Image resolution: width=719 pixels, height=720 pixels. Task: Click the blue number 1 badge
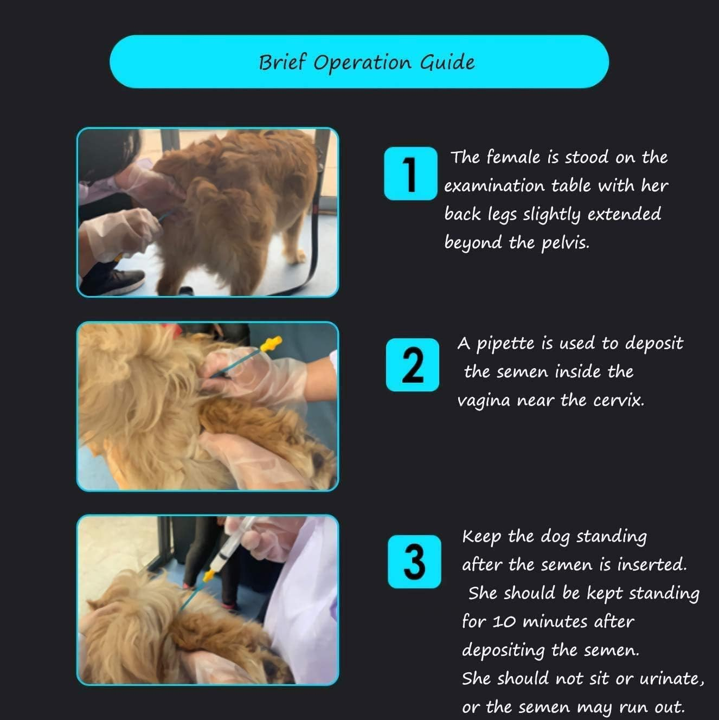click(x=410, y=173)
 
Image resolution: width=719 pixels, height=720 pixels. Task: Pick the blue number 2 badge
click(x=412, y=364)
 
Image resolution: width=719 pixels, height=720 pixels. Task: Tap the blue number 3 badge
click(x=414, y=561)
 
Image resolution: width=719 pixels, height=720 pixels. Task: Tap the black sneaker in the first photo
click(x=119, y=281)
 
